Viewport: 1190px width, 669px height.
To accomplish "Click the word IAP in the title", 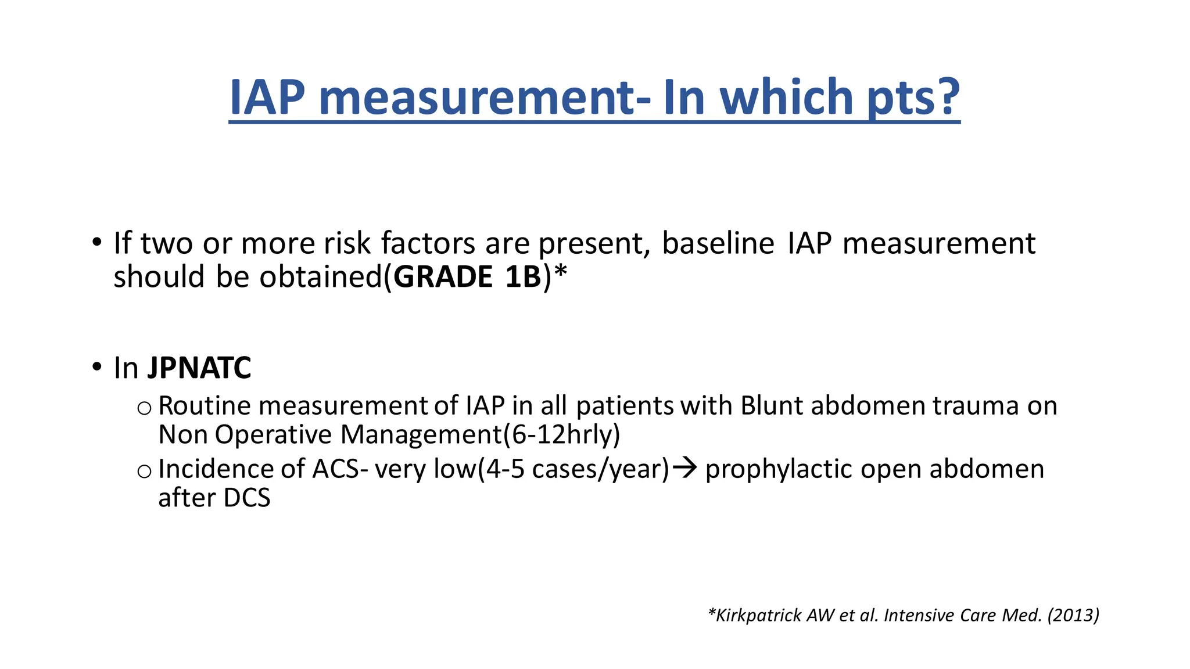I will pos(267,97).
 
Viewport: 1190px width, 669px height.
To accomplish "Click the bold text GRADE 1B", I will pos(468,277).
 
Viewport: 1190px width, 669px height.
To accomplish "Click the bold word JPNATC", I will pos(199,368).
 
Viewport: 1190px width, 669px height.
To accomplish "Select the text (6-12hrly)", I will pos(561,434).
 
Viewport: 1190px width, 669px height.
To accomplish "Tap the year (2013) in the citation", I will pos(1073,615).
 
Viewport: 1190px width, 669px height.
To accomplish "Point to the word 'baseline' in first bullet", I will pos(718,243).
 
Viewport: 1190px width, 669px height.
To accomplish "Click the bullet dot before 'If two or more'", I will pos(96,242).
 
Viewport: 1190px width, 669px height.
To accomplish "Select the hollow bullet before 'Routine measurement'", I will pos(144,408).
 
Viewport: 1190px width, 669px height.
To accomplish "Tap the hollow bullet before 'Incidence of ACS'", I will pos(144,471).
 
